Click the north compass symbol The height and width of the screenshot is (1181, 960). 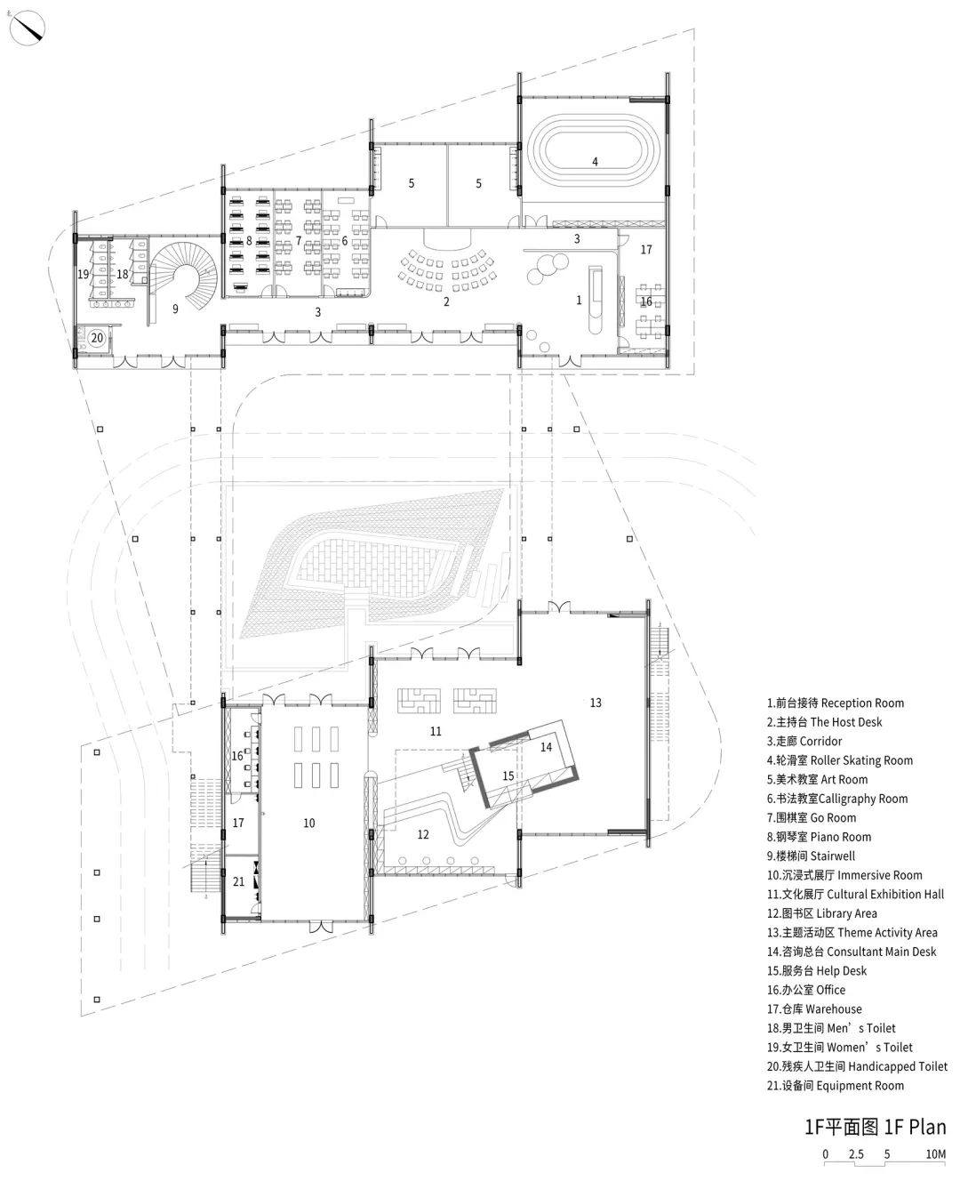(27, 28)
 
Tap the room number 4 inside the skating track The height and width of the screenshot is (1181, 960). (595, 162)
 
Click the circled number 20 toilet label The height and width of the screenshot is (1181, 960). (97, 338)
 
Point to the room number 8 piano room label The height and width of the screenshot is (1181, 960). (249, 241)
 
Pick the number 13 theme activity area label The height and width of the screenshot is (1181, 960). (596, 703)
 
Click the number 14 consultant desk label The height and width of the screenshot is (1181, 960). (546, 747)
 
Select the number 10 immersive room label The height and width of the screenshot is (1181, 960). (308, 823)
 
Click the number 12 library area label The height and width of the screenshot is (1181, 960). (423, 834)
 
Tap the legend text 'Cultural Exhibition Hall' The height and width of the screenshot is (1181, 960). (885, 895)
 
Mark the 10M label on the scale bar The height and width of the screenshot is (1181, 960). (936, 1154)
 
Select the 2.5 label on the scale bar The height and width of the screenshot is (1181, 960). (856, 1154)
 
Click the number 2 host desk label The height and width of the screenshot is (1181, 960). (446, 301)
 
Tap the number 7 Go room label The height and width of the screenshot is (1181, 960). (298, 241)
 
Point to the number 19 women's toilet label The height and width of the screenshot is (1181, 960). (84, 274)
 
